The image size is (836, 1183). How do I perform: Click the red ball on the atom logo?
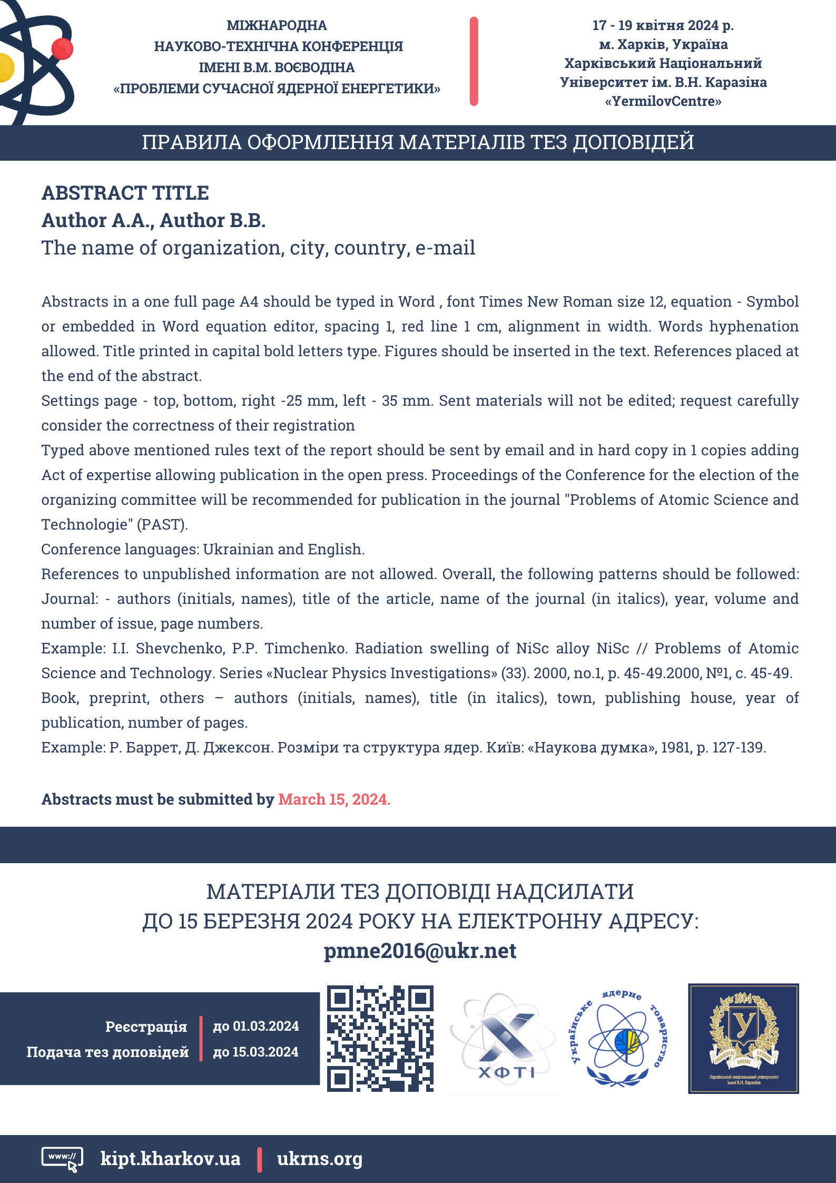click(62, 49)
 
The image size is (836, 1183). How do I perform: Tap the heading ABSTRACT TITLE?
click(125, 193)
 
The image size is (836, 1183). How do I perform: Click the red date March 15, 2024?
click(334, 799)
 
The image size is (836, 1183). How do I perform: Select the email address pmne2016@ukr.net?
click(420, 951)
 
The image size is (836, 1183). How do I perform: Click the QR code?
click(380, 1038)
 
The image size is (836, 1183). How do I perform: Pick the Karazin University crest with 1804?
click(743, 1038)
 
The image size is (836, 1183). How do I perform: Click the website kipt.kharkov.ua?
click(170, 1158)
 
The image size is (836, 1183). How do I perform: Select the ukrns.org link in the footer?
click(320, 1158)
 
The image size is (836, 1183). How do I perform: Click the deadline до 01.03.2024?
click(256, 1026)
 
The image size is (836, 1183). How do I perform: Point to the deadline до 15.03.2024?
click(256, 1052)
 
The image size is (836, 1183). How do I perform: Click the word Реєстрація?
click(146, 1026)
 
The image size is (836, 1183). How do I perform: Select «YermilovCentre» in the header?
click(663, 101)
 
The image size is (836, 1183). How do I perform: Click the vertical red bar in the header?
click(474, 61)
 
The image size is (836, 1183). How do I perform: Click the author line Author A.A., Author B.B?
click(153, 220)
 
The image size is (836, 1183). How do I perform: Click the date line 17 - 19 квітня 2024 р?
click(663, 25)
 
